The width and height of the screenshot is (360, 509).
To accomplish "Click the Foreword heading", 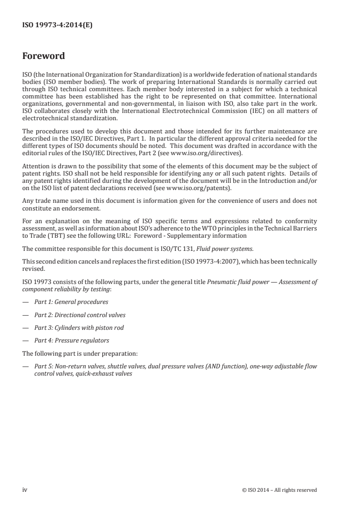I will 44,56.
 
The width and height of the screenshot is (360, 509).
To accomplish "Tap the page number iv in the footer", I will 25,489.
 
